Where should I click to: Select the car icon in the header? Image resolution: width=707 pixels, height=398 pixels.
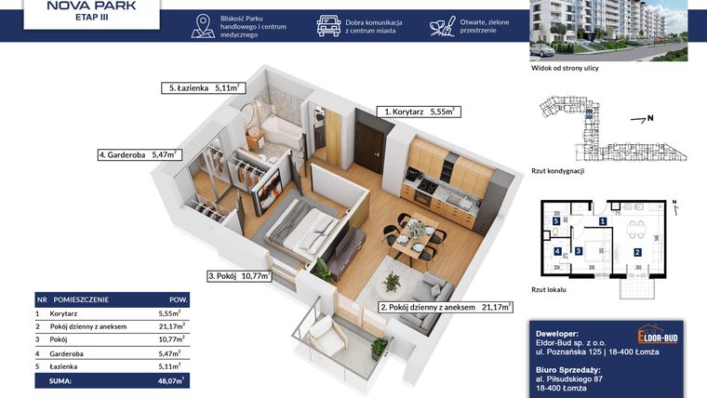coord(328,26)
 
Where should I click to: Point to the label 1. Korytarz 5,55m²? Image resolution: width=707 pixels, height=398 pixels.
coord(419,111)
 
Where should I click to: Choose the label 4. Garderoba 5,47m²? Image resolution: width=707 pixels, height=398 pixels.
coord(138,155)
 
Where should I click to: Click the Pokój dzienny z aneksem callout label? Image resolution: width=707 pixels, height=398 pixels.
coord(446,306)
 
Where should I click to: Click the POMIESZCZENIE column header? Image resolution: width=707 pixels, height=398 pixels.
coord(80,299)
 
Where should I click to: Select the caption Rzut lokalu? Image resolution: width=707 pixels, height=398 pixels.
coord(551,289)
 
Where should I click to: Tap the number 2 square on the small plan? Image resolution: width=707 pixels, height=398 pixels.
coord(637,251)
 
